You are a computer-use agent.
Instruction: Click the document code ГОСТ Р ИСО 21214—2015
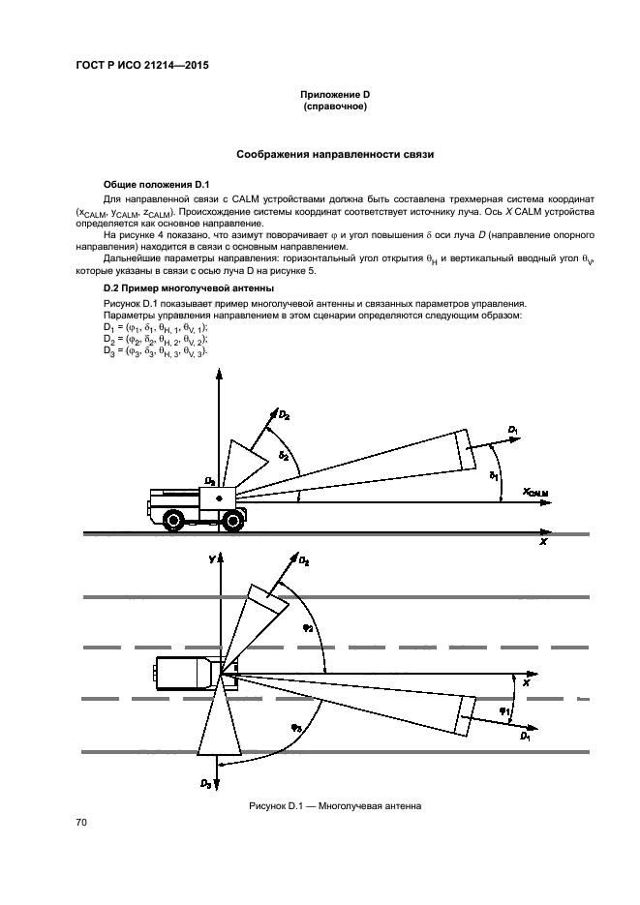141,65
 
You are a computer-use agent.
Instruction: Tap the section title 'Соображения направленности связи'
336,154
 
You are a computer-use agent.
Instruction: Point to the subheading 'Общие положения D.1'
149,184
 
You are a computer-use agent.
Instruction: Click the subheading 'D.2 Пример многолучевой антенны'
177,288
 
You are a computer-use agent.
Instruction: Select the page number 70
81,823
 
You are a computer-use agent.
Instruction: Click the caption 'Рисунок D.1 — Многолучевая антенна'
335,805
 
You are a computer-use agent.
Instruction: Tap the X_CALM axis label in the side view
535,493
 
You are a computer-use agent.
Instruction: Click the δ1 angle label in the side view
494,476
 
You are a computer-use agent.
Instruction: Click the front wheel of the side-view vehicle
231,521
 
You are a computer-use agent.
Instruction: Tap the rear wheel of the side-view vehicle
172,520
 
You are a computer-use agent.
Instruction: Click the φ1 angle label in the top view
503,711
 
